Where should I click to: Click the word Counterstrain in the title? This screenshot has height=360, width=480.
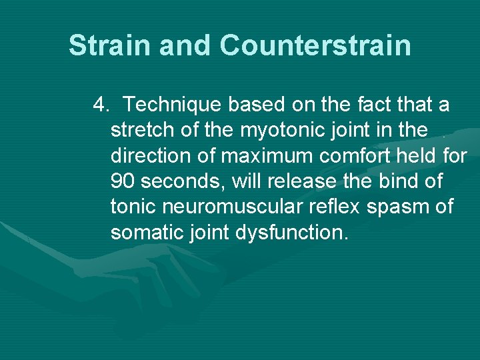point(315,46)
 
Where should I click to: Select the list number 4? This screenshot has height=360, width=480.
point(102,105)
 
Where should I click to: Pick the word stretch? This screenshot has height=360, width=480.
point(143,131)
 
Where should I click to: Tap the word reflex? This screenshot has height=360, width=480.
point(337,207)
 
